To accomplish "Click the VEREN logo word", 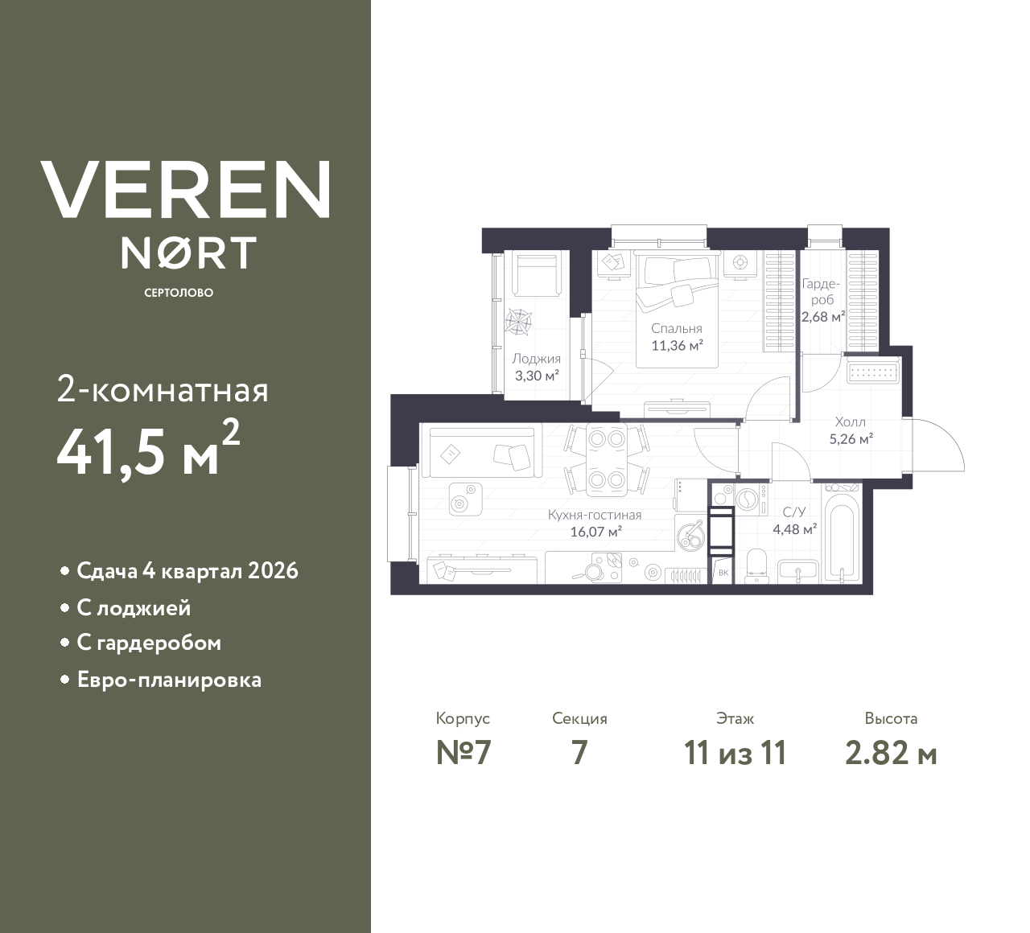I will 185,190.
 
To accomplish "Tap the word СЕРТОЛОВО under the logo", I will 179,293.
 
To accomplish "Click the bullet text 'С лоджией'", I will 134,608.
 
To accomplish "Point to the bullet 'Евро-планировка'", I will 169,680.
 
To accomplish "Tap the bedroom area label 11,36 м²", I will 677,346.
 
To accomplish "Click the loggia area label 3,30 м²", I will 536,375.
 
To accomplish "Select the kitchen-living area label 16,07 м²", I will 595,532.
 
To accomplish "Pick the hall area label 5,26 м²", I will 851,439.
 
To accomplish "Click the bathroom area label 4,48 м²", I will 794,528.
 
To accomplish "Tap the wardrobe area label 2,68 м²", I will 822,316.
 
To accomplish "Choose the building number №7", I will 463,753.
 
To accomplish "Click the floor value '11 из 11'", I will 734,753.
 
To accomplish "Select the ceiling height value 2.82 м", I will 891,753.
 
